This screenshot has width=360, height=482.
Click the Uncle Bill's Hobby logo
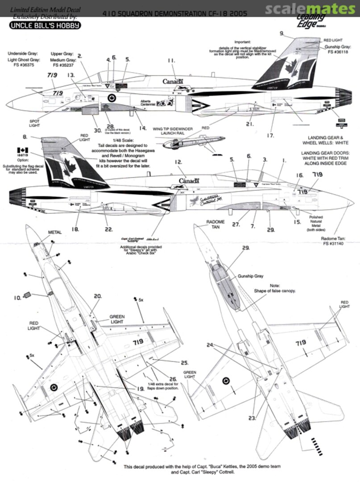[x=45, y=25]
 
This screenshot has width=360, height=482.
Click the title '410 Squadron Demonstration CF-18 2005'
[x=180, y=14]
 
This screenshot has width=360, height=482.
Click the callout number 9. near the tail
[x=281, y=33]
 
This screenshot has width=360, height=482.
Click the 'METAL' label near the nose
[x=55, y=233]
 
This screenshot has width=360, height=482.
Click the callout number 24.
[x=210, y=345]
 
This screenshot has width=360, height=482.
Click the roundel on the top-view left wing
[x=54, y=387]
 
